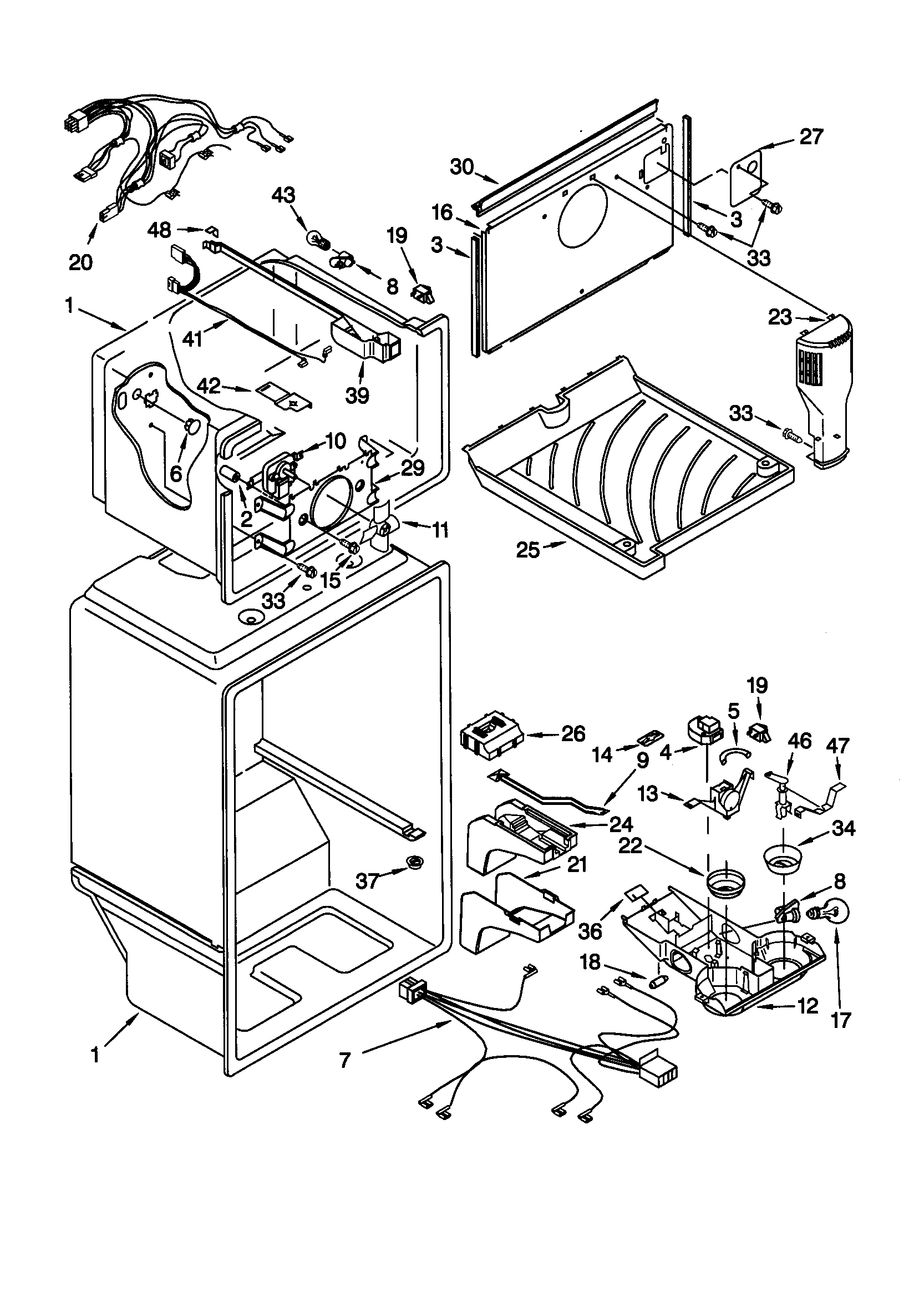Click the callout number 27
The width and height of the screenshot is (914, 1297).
point(811,136)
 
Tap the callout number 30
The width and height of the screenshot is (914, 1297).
point(461,167)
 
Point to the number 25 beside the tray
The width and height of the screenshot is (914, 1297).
point(529,550)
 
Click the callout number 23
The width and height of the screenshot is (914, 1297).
point(780,317)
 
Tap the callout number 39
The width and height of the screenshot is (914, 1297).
point(357,395)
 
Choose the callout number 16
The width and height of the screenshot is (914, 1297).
point(443,213)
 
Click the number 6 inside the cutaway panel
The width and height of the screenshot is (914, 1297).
point(176,473)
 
